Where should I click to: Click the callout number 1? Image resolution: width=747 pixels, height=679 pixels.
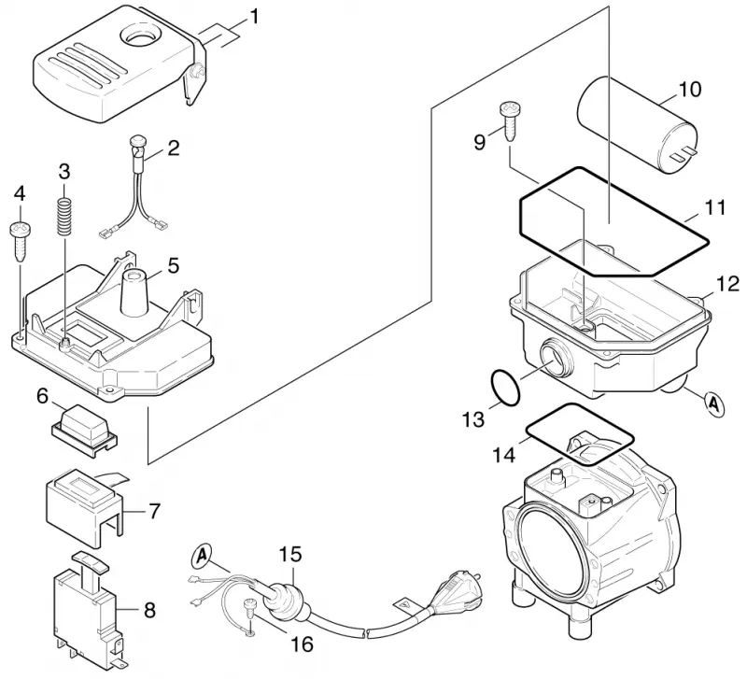click(254, 17)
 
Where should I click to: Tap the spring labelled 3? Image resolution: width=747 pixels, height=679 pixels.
click(63, 217)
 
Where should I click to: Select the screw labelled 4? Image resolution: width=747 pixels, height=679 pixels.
click(20, 241)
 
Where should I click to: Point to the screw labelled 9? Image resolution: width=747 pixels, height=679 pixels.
click(509, 121)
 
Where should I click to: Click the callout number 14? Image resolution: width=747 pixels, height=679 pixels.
click(504, 455)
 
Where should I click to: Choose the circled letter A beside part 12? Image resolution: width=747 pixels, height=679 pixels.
click(714, 403)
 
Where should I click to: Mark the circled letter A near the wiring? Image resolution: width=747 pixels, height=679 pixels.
click(203, 556)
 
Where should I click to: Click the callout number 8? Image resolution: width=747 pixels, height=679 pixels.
click(149, 610)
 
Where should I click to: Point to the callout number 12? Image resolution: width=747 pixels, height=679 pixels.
click(727, 284)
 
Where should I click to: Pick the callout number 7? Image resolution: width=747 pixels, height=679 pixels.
click(154, 511)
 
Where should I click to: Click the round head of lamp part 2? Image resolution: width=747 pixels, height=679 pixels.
click(137, 141)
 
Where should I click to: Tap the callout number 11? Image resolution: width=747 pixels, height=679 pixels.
click(715, 207)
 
